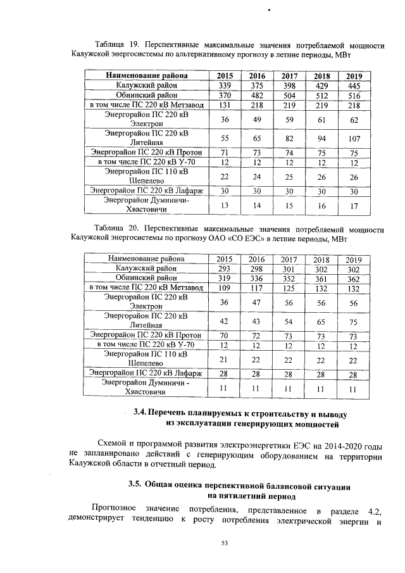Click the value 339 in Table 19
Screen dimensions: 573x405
click(x=225, y=85)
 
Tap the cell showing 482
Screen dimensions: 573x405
click(x=257, y=95)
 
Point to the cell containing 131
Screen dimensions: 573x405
click(x=225, y=104)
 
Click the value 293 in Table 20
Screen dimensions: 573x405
click(x=225, y=268)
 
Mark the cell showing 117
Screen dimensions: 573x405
click(x=257, y=287)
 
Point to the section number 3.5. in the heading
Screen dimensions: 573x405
click(x=134, y=485)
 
